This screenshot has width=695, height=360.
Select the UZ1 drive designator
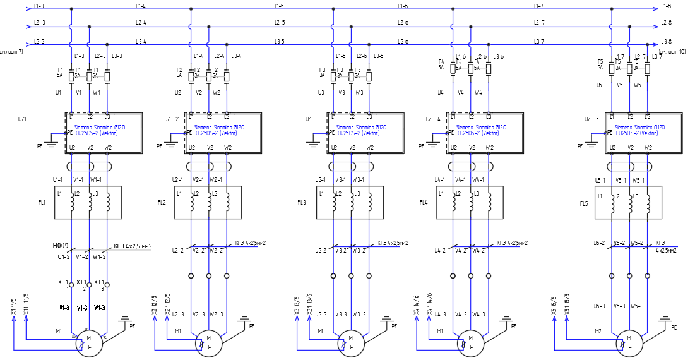[23, 119]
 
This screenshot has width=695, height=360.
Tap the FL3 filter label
[302, 203]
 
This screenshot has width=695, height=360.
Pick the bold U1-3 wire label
[64, 308]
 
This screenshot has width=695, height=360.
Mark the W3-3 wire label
[359, 314]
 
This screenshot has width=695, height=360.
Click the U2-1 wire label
[177, 180]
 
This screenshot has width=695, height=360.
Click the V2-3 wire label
[199, 314]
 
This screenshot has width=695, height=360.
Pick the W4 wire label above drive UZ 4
[478, 92]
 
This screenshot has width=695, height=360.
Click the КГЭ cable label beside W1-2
[133, 246]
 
